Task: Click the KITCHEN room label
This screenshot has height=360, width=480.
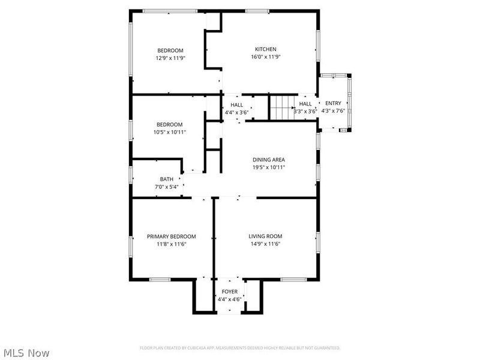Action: (x=265, y=49)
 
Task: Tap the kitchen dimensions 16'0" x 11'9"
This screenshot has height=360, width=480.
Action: (x=265, y=57)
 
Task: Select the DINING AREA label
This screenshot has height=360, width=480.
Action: (x=268, y=160)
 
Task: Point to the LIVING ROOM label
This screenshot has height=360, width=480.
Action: (x=265, y=236)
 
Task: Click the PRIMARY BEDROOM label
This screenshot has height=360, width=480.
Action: (x=171, y=236)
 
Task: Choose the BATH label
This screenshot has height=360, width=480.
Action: (x=166, y=179)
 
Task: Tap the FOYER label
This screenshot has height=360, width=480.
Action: (x=229, y=292)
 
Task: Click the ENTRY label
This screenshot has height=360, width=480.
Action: (x=333, y=103)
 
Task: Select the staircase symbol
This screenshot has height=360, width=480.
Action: (x=280, y=108)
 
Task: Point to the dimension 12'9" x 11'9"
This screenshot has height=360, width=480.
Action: (x=170, y=58)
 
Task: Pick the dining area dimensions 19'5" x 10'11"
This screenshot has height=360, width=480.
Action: (x=268, y=167)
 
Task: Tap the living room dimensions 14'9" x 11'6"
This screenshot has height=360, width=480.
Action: (x=265, y=244)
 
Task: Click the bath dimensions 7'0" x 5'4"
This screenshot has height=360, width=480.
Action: (x=166, y=187)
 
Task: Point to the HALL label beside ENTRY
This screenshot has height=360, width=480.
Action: (x=305, y=104)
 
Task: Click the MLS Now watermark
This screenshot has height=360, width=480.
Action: (x=26, y=353)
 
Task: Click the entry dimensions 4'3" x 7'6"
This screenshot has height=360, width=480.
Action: (x=333, y=111)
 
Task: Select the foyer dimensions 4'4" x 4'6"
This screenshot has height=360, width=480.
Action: (x=229, y=299)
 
